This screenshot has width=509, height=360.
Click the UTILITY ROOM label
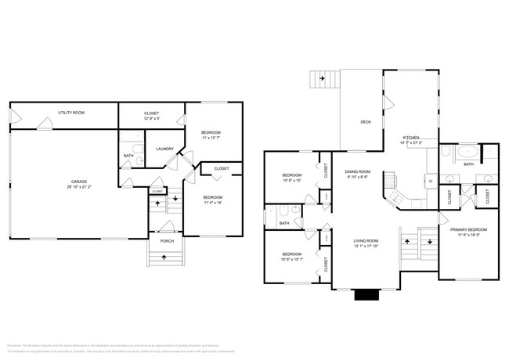click(71, 113)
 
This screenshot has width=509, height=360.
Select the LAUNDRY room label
click(164, 149)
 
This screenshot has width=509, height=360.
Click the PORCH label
click(167, 241)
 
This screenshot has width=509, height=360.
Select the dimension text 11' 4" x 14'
click(213, 203)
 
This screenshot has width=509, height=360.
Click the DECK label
click(366, 122)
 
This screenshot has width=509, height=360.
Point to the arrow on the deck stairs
click(322, 79)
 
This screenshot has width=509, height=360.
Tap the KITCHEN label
click(411, 138)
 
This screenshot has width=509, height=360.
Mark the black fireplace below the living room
click(365, 295)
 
